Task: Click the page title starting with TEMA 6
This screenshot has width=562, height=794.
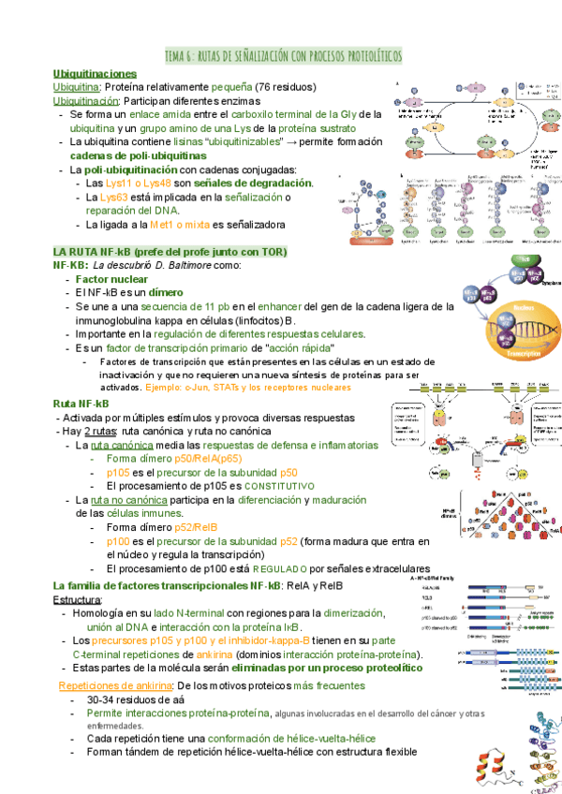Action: pyautogui.click(x=283, y=57)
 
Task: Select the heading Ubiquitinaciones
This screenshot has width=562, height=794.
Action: pyautogui.click(x=95, y=73)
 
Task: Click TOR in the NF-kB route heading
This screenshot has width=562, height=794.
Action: pyautogui.click(x=273, y=253)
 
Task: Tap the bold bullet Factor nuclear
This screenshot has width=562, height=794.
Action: pyautogui.click(x=111, y=280)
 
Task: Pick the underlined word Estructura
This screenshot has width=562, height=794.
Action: pyautogui.click(x=77, y=599)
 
